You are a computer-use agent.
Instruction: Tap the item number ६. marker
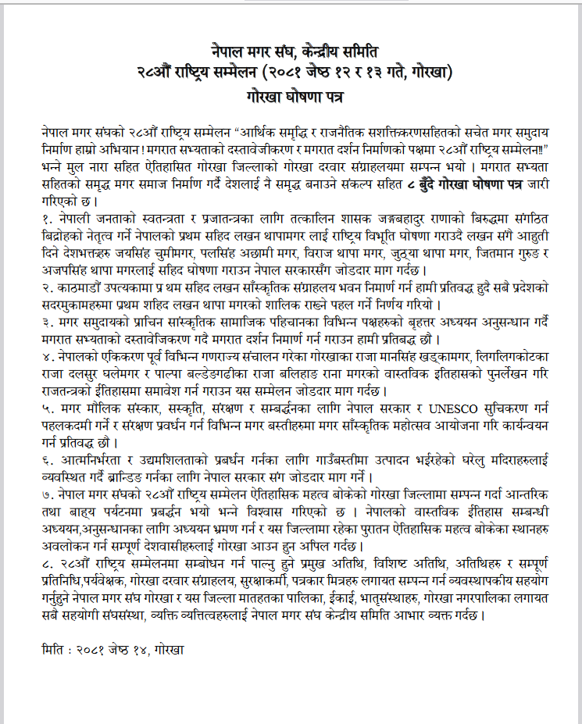coord(50,461)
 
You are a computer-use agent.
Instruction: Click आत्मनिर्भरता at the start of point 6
coord(88,461)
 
